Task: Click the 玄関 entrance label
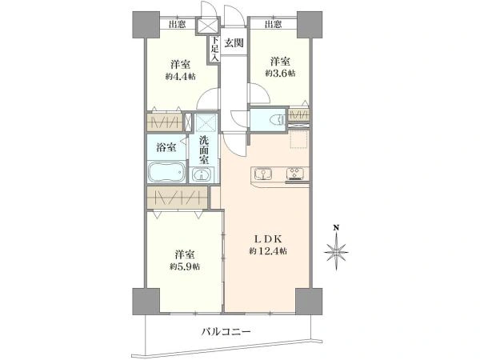pyautogui.click(x=234, y=43)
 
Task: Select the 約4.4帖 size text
pyautogui.click(x=181, y=77)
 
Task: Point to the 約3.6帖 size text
pyautogui.click(x=281, y=74)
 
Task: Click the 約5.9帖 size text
pyautogui.click(x=186, y=266)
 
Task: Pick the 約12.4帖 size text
pyautogui.click(x=268, y=251)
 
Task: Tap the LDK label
pyautogui.click(x=268, y=238)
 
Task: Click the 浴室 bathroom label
pyautogui.click(x=166, y=148)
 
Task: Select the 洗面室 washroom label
pyautogui.click(x=203, y=150)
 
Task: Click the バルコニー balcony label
pyautogui.click(x=226, y=331)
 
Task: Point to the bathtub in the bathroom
pyautogui.click(x=167, y=172)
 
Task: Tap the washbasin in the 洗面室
pyautogui.click(x=201, y=175)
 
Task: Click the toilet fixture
pyautogui.click(x=275, y=120)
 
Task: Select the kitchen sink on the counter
pyautogui.click(x=263, y=174)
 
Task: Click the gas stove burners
pyautogui.click(x=295, y=174)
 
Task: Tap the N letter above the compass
pyautogui.click(x=336, y=228)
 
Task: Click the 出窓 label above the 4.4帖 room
pyautogui.click(x=178, y=24)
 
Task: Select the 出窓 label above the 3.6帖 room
pyautogui.click(x=273, y=24)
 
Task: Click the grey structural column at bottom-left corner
pyautogui.click(x=146, y=302)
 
